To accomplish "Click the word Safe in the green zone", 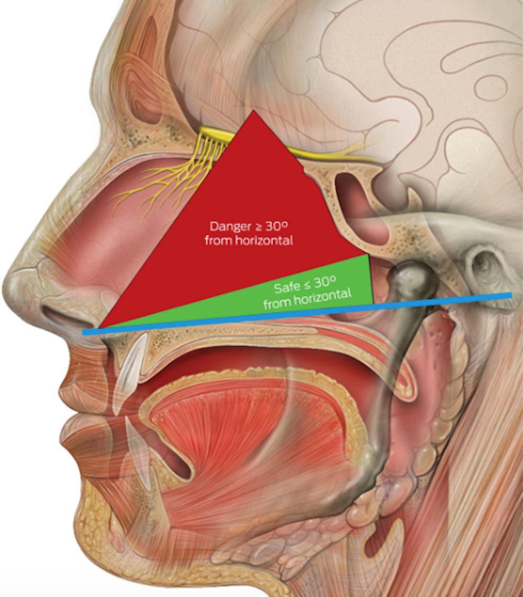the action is (x=287, y=288).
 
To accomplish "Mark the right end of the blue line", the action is (x=510, y=296).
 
